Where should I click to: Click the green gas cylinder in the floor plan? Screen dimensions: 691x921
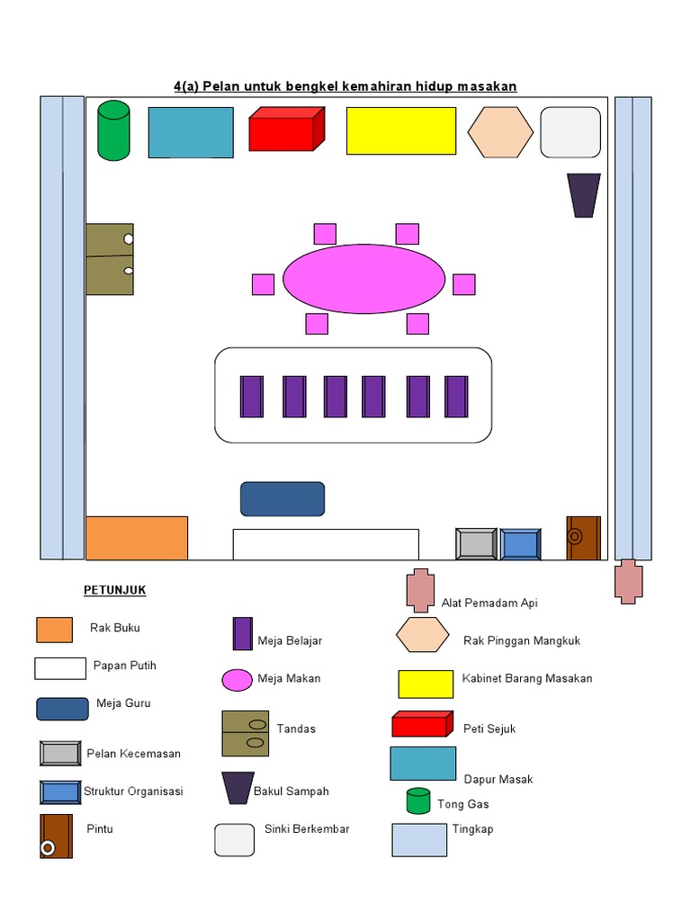coord(113,131)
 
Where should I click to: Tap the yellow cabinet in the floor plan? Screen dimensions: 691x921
coord(401,131)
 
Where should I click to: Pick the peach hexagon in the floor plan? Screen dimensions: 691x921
coord(499,132)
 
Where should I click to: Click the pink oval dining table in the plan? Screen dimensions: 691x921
coord(363,279)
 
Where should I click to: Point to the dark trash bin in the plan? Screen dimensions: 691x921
coord(583,195)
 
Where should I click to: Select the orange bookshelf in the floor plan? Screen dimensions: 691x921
coord(137,538)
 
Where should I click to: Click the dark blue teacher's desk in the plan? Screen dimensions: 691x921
coord(283,499)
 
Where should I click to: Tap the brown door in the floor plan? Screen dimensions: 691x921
coord(582,538)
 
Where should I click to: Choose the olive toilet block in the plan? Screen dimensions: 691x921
coord(110,259)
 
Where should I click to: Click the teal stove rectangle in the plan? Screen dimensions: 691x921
coord(191,132)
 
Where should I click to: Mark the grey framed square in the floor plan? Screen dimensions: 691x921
coord(476,544)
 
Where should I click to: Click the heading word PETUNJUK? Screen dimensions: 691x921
coord(114,591)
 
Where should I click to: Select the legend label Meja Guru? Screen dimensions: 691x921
coord(123,703)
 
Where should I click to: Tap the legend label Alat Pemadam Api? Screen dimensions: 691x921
coord(489,603)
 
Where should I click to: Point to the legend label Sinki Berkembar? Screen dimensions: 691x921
coord(307,828)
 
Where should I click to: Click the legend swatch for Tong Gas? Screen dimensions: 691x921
coord(417,800)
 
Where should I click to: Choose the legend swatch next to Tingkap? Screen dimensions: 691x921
coord(419,839)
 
